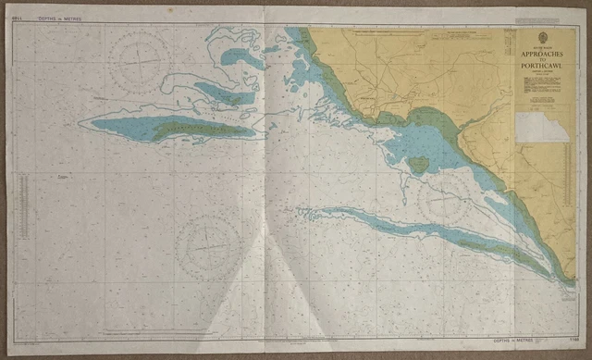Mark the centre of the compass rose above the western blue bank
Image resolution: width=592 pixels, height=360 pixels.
139,60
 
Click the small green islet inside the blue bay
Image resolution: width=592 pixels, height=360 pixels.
418,165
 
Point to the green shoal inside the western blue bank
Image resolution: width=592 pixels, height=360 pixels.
199,130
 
